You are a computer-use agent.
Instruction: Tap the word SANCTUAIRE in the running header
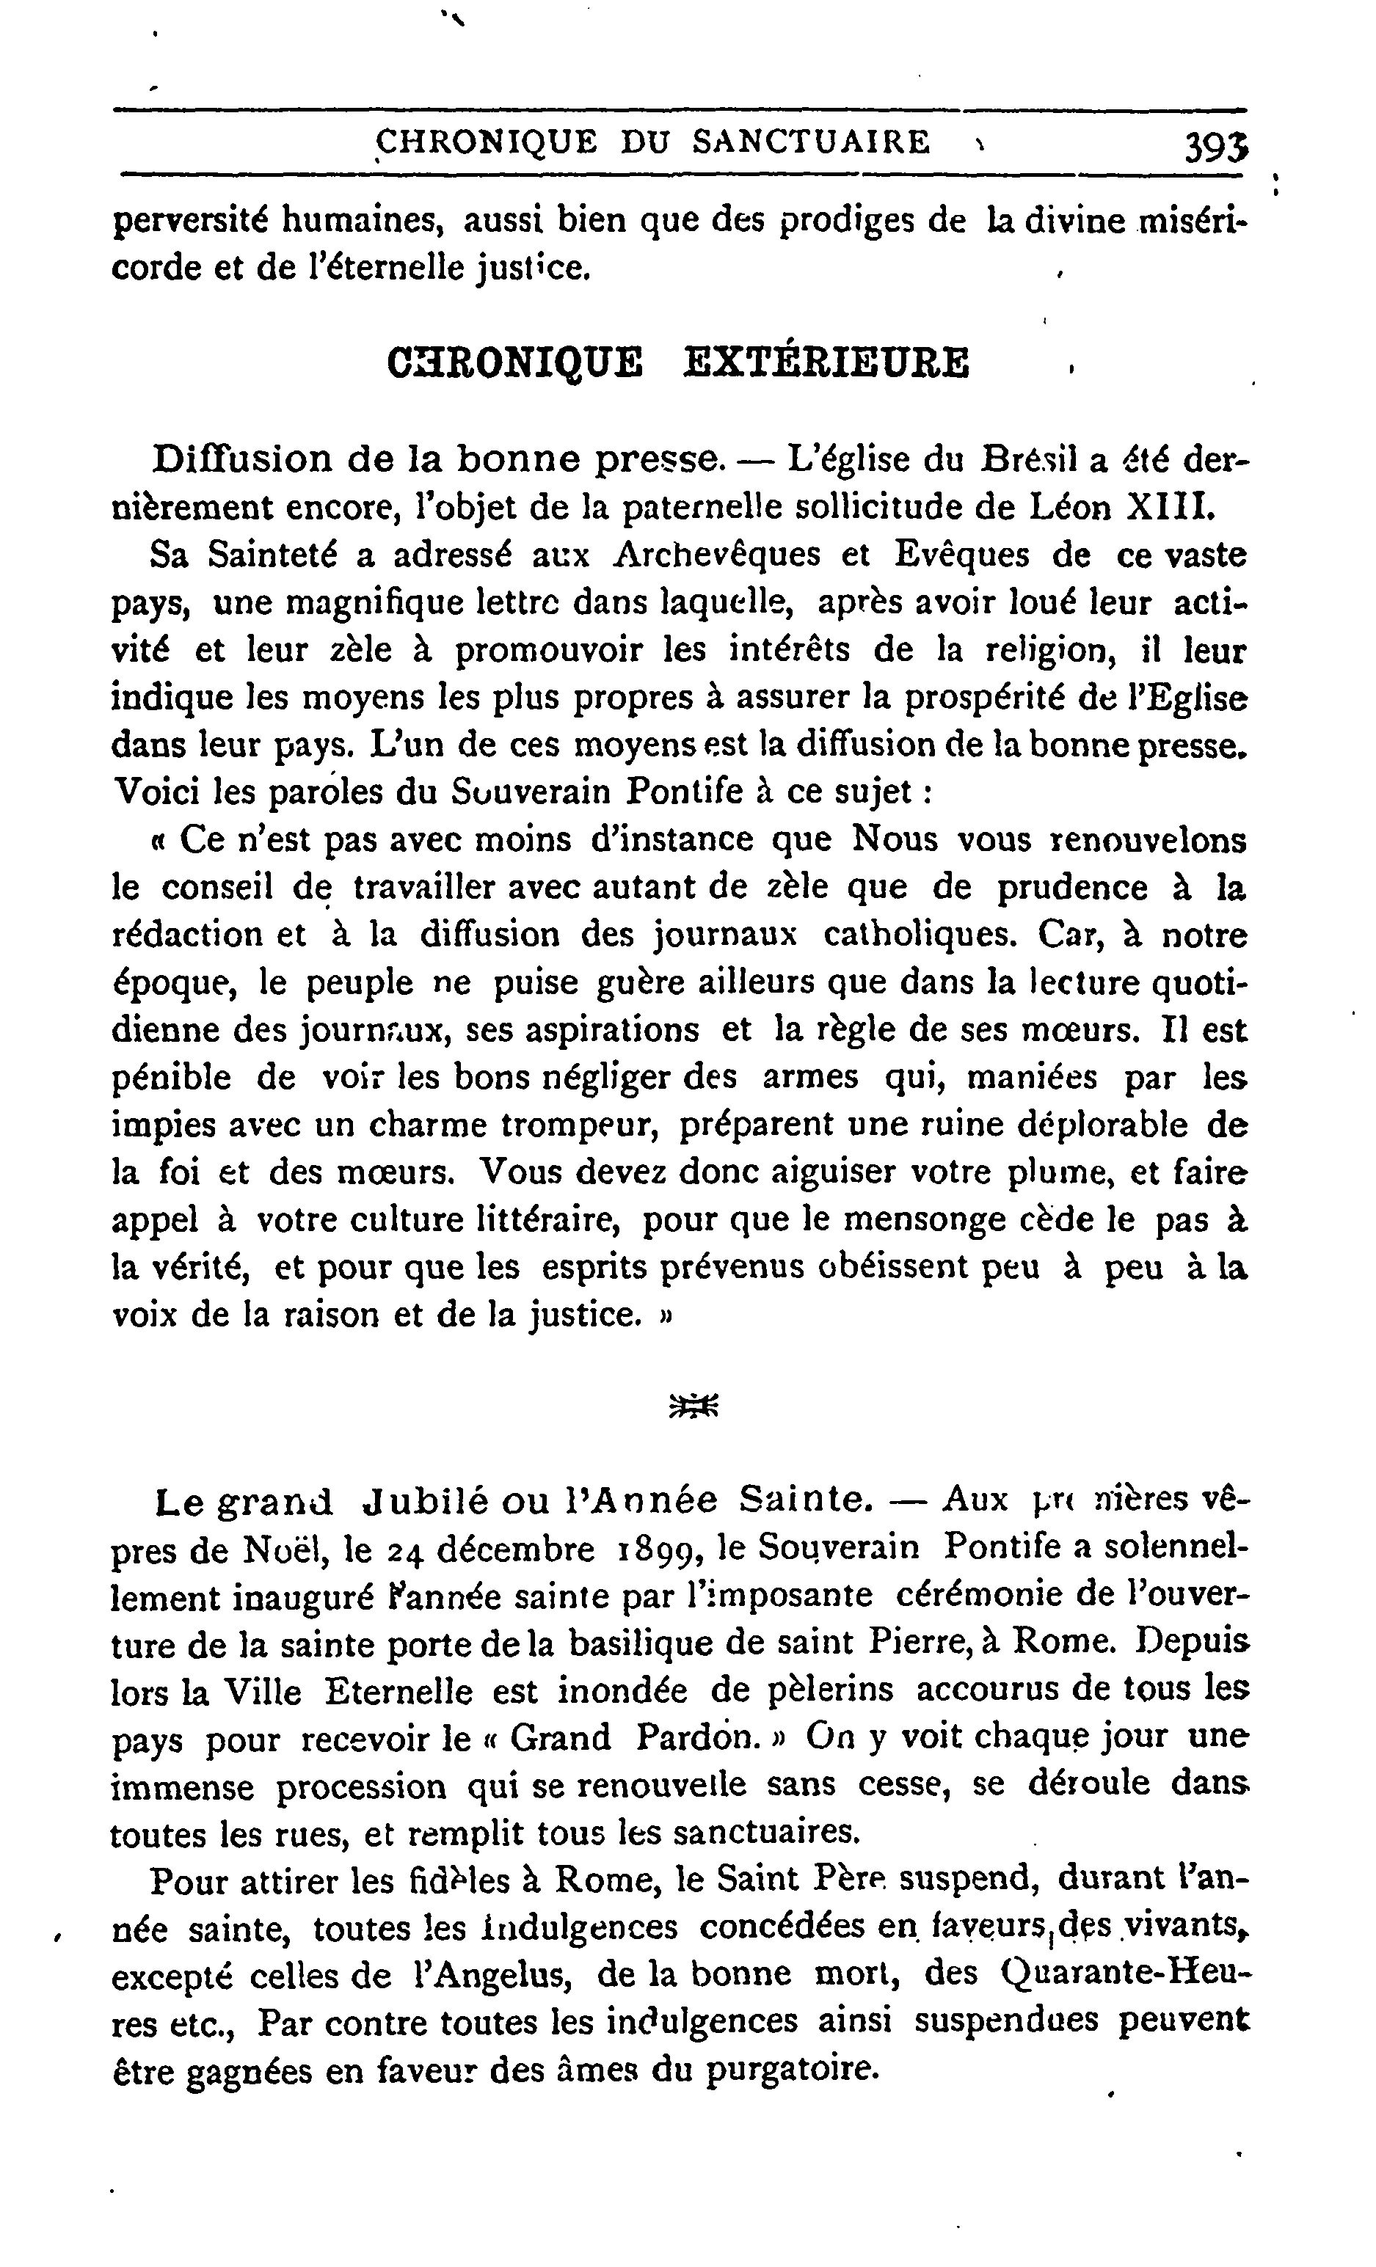(811, 142)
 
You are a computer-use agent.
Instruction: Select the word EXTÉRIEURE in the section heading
(826, 362)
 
